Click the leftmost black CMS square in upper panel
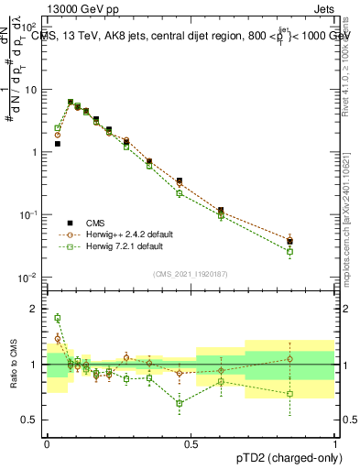coord(57,144)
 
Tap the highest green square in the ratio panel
coord(57,318)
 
